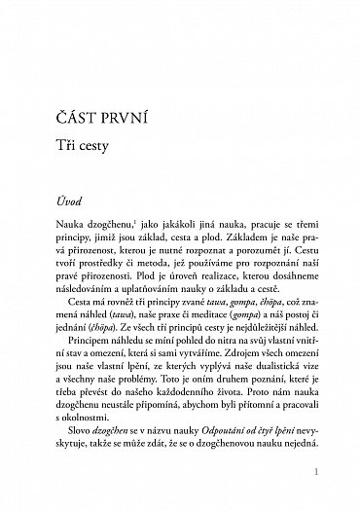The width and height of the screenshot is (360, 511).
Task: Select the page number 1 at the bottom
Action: (331, 472)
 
